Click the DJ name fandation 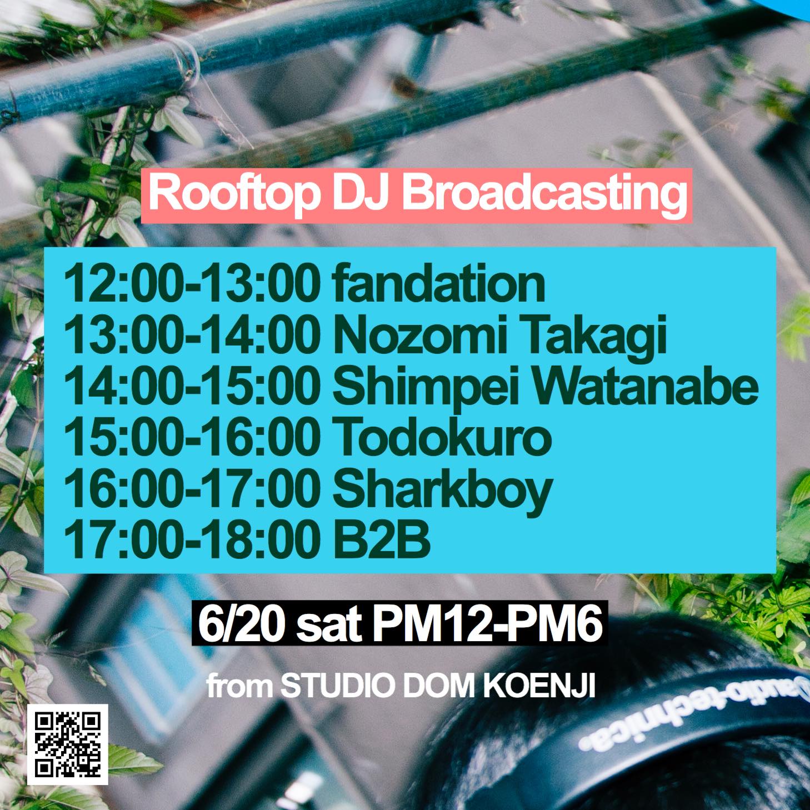439,283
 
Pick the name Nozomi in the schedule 421,334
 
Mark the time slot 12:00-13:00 192,283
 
